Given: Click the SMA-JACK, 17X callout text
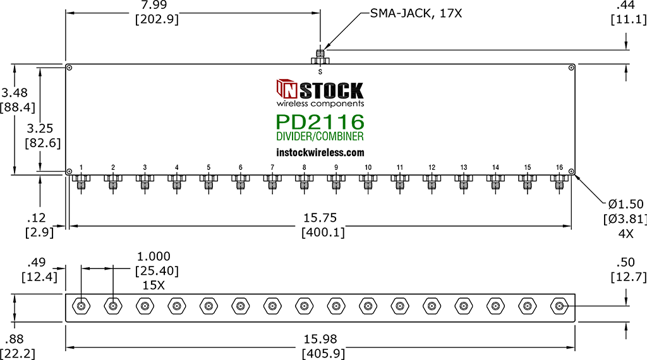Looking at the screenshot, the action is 416,14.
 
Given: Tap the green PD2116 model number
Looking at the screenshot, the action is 320,122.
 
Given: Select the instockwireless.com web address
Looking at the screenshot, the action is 320,153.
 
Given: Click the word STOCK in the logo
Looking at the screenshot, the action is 331,90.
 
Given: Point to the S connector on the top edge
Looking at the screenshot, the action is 320,57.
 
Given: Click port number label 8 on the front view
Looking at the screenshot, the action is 304,167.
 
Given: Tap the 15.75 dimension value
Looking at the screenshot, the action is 320,218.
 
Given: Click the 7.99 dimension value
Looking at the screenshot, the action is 154,5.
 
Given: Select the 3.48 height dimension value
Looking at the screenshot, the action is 15,93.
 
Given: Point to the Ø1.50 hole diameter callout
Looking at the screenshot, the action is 626,204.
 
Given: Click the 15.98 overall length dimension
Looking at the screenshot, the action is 320,339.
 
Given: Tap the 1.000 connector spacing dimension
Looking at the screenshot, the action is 154,256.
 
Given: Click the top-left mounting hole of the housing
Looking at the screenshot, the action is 70,68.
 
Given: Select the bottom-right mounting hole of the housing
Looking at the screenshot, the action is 571,171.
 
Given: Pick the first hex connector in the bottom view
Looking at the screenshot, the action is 82,306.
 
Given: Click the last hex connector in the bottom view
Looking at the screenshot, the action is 559,306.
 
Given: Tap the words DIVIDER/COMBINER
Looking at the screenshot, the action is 320,136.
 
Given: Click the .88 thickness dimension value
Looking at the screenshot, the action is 15,339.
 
